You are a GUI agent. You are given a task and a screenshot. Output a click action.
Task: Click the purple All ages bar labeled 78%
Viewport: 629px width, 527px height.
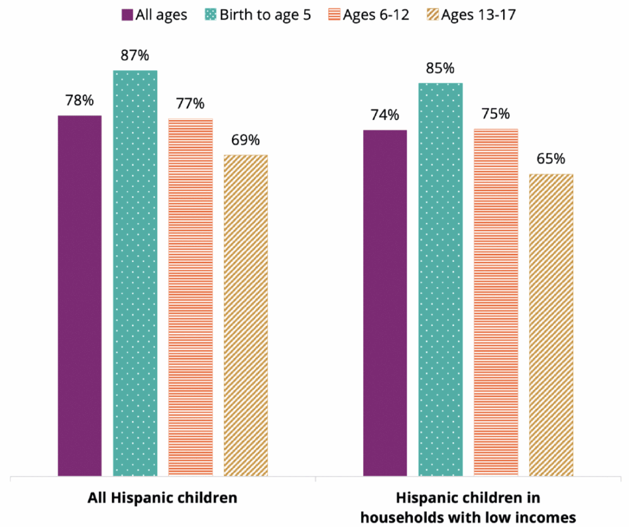(80, 295)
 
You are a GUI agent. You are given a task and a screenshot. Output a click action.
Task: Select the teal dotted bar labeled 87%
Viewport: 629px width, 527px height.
(135, 273)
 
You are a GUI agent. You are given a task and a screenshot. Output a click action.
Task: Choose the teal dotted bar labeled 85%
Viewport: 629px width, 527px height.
(440, 279)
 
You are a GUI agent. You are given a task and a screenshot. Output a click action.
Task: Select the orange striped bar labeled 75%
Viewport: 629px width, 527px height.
(496, 302)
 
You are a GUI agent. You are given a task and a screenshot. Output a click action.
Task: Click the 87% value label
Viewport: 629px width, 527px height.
(135, 56)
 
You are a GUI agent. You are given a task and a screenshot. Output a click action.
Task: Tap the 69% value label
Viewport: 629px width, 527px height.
(246, 140)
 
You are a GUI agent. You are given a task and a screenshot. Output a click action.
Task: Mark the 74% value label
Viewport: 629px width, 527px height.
(385, 116)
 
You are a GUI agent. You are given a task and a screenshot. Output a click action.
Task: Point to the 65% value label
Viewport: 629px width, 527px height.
(551, 159)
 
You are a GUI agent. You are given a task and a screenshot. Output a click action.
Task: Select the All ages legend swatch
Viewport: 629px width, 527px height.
(128, 15)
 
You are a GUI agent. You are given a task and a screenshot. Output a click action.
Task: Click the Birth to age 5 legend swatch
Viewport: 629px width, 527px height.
(208, 15)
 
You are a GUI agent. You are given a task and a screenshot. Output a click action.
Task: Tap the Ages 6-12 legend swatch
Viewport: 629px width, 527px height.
(335, 15)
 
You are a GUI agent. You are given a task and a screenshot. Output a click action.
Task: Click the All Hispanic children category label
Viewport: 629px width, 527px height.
(163, 497)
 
